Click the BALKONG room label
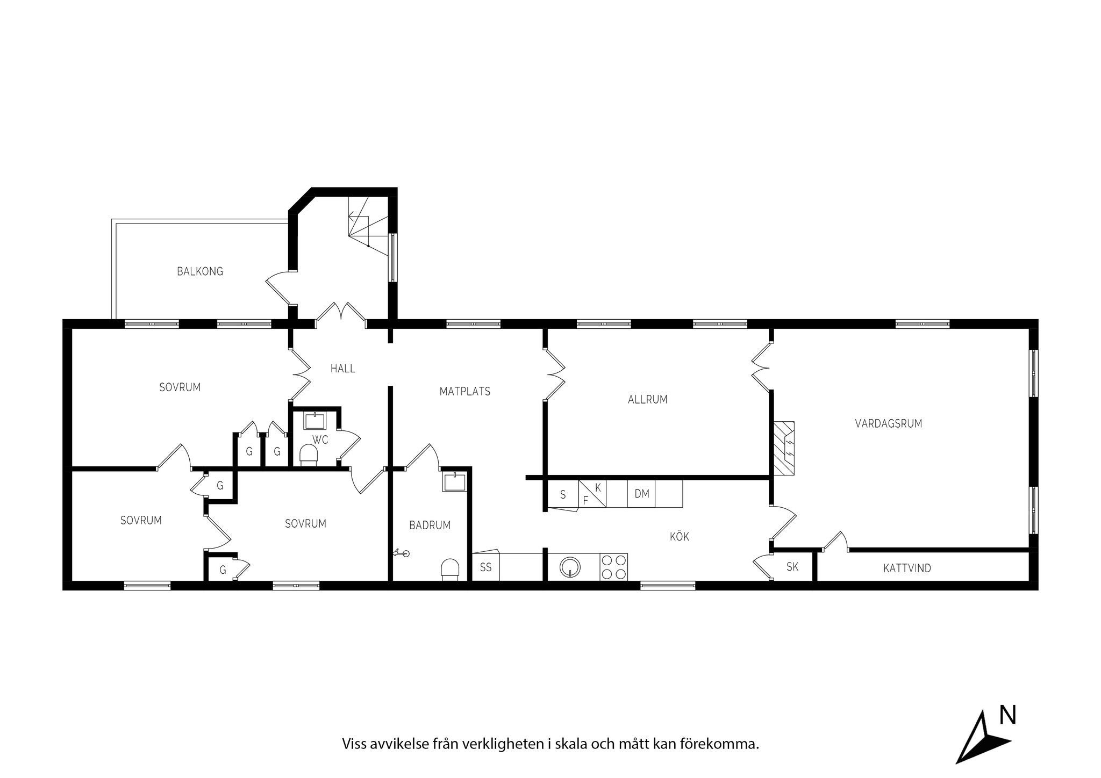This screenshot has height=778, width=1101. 200,271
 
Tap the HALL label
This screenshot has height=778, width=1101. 343,369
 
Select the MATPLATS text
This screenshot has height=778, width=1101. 465,392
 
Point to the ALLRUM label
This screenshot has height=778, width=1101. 648,400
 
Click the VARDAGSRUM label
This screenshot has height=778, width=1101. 889,423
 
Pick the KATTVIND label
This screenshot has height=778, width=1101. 907,568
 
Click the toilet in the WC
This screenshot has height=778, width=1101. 309,454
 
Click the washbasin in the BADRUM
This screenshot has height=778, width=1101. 455,482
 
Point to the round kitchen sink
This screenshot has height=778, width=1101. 570,567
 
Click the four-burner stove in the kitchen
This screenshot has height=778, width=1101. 614,567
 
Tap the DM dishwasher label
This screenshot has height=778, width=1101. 642,494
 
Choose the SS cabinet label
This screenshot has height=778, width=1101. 486,567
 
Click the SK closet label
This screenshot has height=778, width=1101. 792,566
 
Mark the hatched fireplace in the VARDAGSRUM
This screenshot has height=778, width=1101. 784,448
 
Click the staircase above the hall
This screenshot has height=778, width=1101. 369,225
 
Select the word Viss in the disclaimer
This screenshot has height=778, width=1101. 354,744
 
